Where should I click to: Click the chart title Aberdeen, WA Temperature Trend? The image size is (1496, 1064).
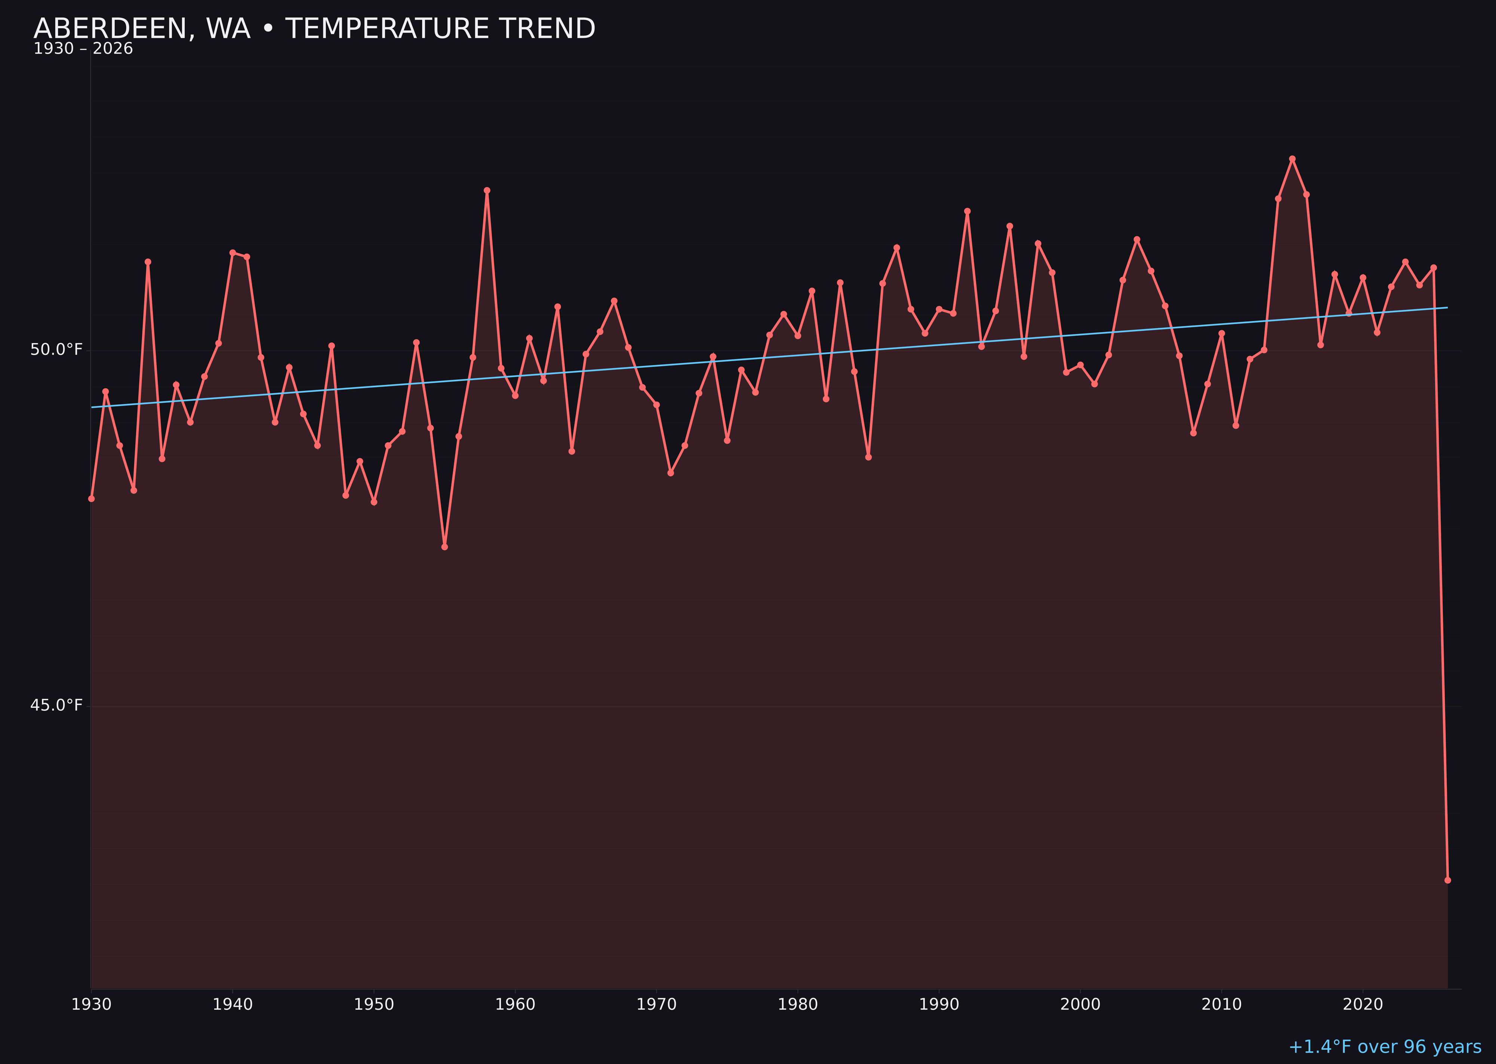pyautogui.click(x=315, y=29)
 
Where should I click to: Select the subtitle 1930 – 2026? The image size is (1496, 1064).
pyautogui.click(x=83, y=49)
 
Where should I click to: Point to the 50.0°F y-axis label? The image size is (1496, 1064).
pyautogui.click(x=56, y=350)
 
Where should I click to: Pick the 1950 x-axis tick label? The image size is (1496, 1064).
pyautogui.click(x=374, y=1005)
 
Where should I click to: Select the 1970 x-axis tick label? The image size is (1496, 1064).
pyautogui.click(x=656, y=1005)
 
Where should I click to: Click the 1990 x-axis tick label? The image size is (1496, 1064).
pyautogui.click(x=939, y=1005)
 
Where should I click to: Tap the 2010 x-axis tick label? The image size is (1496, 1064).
pyautogui.click(x=1221, y=1005)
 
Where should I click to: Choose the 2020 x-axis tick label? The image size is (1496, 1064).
pyautogui.click(x=1363, y=1005)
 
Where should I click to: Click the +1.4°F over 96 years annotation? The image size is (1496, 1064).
pyautogui.click(x=1385, y=1047)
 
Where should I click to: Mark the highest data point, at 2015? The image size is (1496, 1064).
pyautogui.click(x=1292, y=159)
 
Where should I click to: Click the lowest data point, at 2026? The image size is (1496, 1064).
pyautogui.click(x=1447, y=880)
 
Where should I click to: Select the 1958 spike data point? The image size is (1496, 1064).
pyautogui.click(x=487, y=191)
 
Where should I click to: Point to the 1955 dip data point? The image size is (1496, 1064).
pyautogui.click(x=445, y=547)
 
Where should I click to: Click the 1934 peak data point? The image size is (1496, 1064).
pyautogui.click(x=148, y=262)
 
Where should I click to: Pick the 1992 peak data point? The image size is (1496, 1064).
pyautogui.click(x=968, y=211)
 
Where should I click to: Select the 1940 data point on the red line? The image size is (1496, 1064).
pyautogui.click(x=233, y=252)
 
